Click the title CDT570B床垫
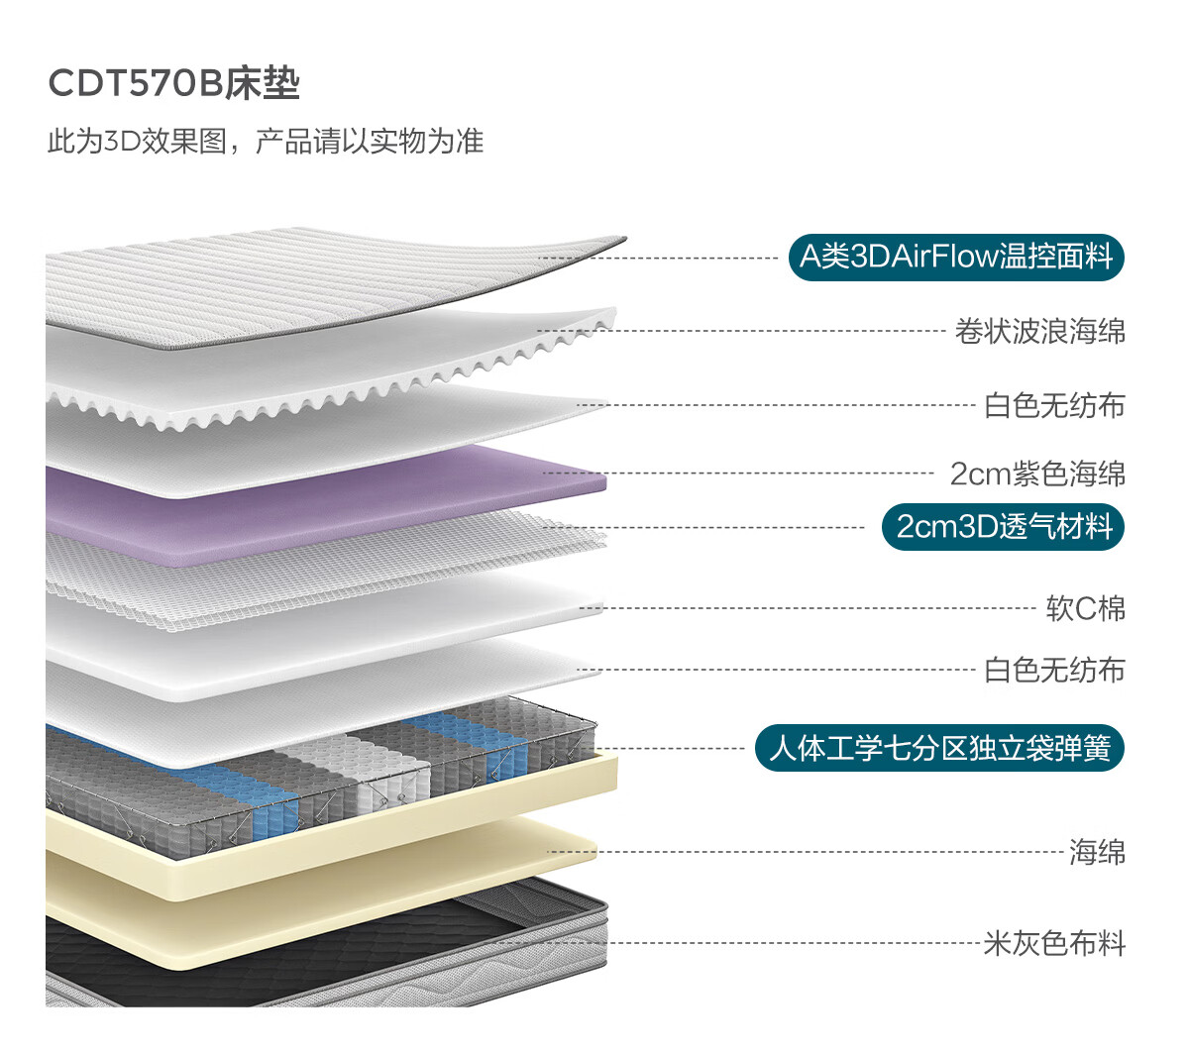coord(173,83)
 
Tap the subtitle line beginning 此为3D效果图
coord(266,142)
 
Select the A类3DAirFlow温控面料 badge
coord(956,257)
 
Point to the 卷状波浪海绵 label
coord(1040,331)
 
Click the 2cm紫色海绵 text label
coord(1037,474)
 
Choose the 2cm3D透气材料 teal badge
coord(1003,526)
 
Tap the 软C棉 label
coord(1086,608)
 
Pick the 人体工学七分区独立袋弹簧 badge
coord(939,748)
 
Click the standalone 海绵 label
coord(1097,852)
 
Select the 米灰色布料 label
coord(1054,943)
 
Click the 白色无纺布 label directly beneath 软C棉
coord(1054,670)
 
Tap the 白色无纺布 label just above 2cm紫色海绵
coord(1054,405)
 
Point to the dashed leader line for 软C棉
coord(808,608)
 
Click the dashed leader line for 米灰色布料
coord(740,943)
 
